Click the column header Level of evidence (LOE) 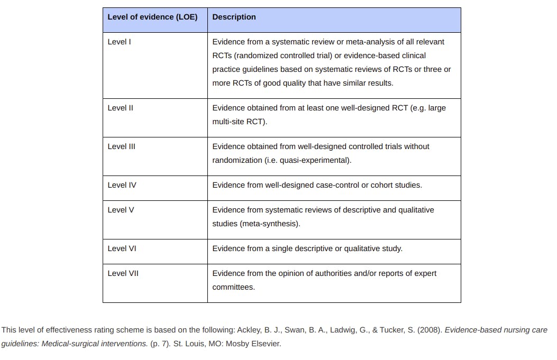click(x=152, y=17)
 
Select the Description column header click(x=234, y=17)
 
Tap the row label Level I click(x=119, y=42)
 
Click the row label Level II click(x=120, y=108)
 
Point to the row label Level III click(x=121, y=146)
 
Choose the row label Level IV click(x=122, y=185)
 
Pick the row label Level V click(x=121, y=210)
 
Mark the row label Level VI click(x=122, y=248)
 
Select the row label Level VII click(x=123, y=273)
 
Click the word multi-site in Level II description click(x=229, y=122)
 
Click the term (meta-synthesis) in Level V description click(x=270, y=224)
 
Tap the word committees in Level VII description click(x=233, y=287)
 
